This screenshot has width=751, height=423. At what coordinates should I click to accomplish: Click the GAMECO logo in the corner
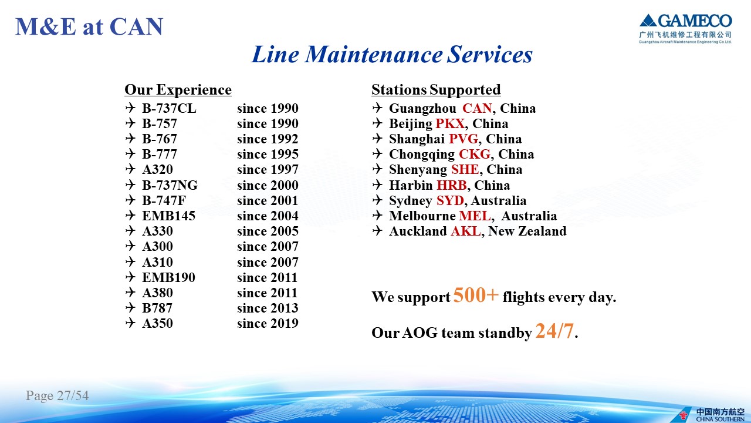pos(685,29)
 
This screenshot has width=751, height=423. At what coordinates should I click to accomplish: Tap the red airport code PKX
pos(450,123)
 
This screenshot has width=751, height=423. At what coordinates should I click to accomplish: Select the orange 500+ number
pos(476,295)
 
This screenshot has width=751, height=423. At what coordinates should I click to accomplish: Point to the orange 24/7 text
pos(554,331)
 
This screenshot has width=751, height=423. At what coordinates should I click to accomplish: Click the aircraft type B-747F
pos(164,200)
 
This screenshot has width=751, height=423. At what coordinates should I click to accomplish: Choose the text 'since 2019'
pos(268,323)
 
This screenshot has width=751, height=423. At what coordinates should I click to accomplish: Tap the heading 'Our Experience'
pos(178,90)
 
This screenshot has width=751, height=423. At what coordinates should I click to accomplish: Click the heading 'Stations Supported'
pos(436,90)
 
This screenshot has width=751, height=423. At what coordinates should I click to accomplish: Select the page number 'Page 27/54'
pos(57,395)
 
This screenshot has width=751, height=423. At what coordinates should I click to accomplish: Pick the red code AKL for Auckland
pos(465,231)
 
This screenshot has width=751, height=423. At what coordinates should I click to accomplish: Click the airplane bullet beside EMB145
pos(130,215)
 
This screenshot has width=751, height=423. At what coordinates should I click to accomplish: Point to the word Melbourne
pos(422,216)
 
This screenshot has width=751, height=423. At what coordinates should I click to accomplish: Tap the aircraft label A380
pos(157,293)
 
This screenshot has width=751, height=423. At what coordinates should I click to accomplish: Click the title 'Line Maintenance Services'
pos(392,54)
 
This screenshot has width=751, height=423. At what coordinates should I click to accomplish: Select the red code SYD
pos(450,200)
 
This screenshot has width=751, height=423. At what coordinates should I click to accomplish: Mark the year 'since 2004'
pos(268,216)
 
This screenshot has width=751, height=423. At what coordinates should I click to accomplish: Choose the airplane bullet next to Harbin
pos(377,184)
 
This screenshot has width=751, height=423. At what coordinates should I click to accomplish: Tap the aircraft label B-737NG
pos(170,185)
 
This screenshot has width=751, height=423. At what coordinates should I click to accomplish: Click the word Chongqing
pos(422,155)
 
